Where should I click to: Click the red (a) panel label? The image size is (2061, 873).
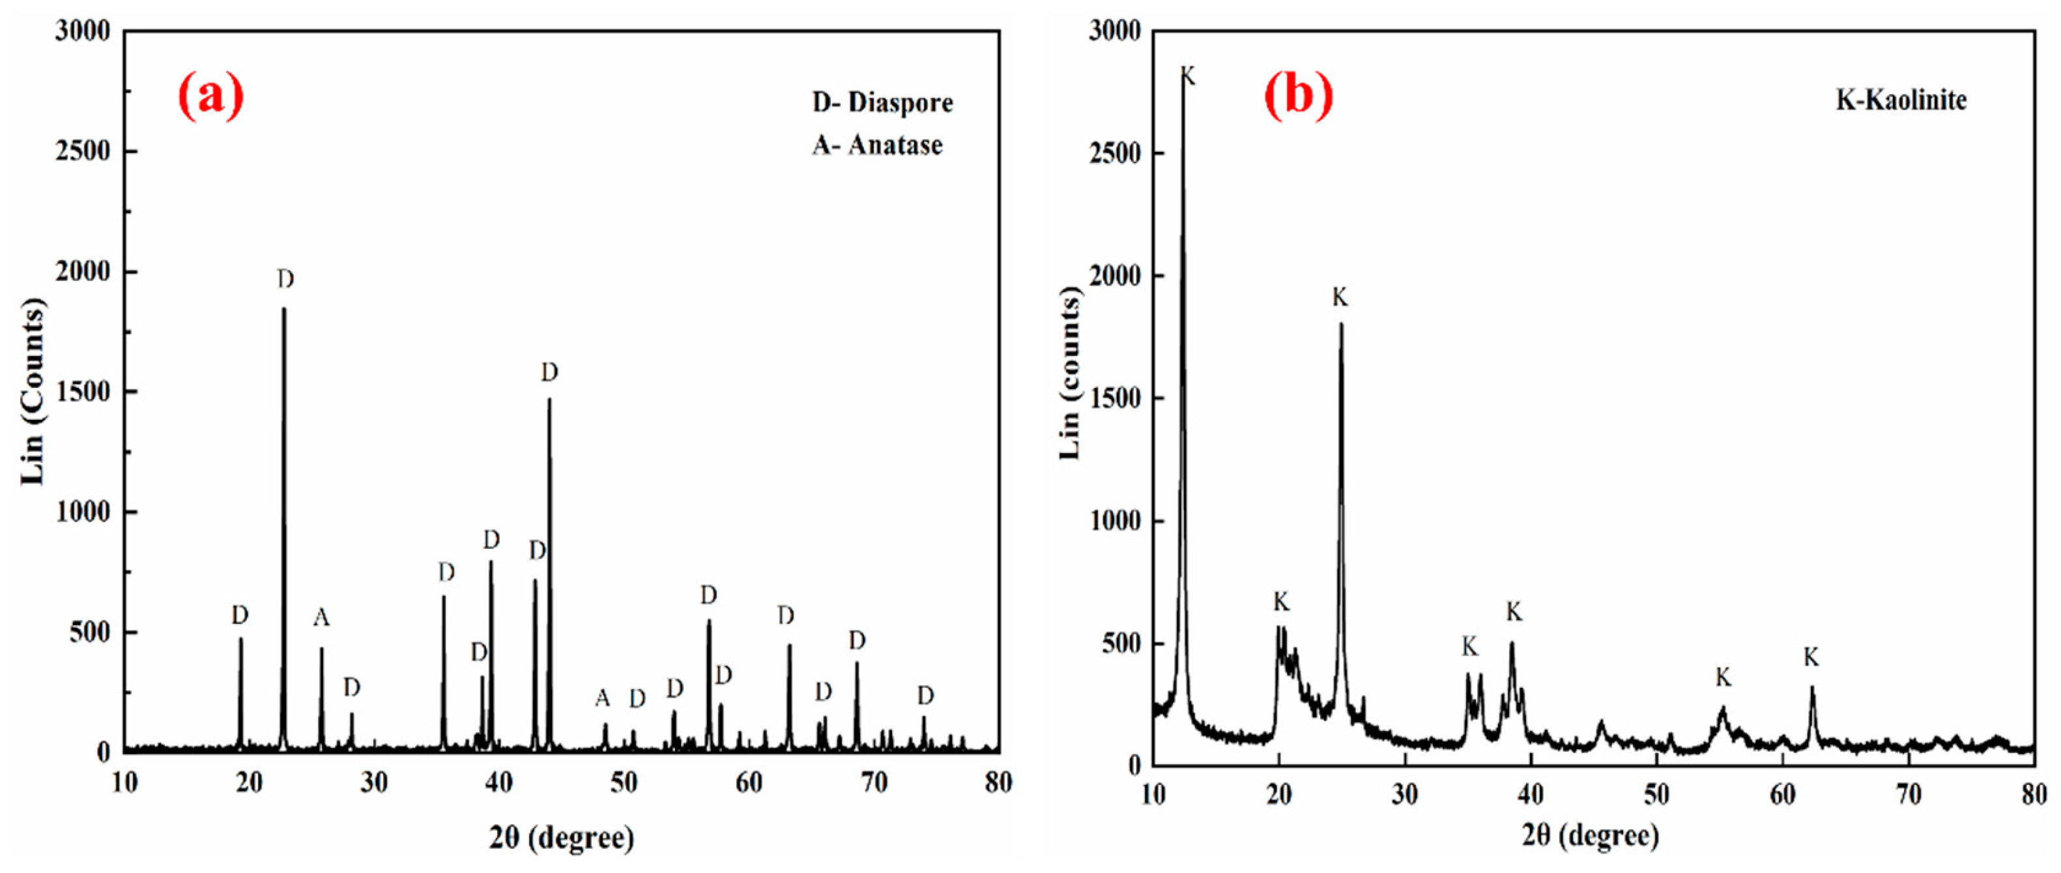(210, 95)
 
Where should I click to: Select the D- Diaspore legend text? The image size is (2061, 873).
(882, 102)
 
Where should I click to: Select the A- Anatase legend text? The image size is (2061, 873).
(878, 145)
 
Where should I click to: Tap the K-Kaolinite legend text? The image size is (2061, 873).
(1901, 100)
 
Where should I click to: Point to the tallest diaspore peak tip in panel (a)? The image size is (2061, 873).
(283, 309)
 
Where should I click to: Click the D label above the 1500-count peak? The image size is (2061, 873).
(549, 372)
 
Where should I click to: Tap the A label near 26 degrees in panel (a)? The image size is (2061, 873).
(321, 617)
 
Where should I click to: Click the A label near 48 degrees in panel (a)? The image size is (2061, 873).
(603, 698)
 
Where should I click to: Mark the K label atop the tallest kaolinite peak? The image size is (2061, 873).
(1188, 77)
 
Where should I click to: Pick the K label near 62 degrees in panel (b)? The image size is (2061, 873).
(1811, 657)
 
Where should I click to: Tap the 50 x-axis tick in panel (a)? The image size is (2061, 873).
(624, 782)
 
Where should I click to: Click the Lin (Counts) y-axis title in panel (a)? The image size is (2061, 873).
(33, 391)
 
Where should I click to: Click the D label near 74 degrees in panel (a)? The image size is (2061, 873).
(925, 696)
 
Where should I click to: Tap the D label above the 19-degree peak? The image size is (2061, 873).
(240, 615)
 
